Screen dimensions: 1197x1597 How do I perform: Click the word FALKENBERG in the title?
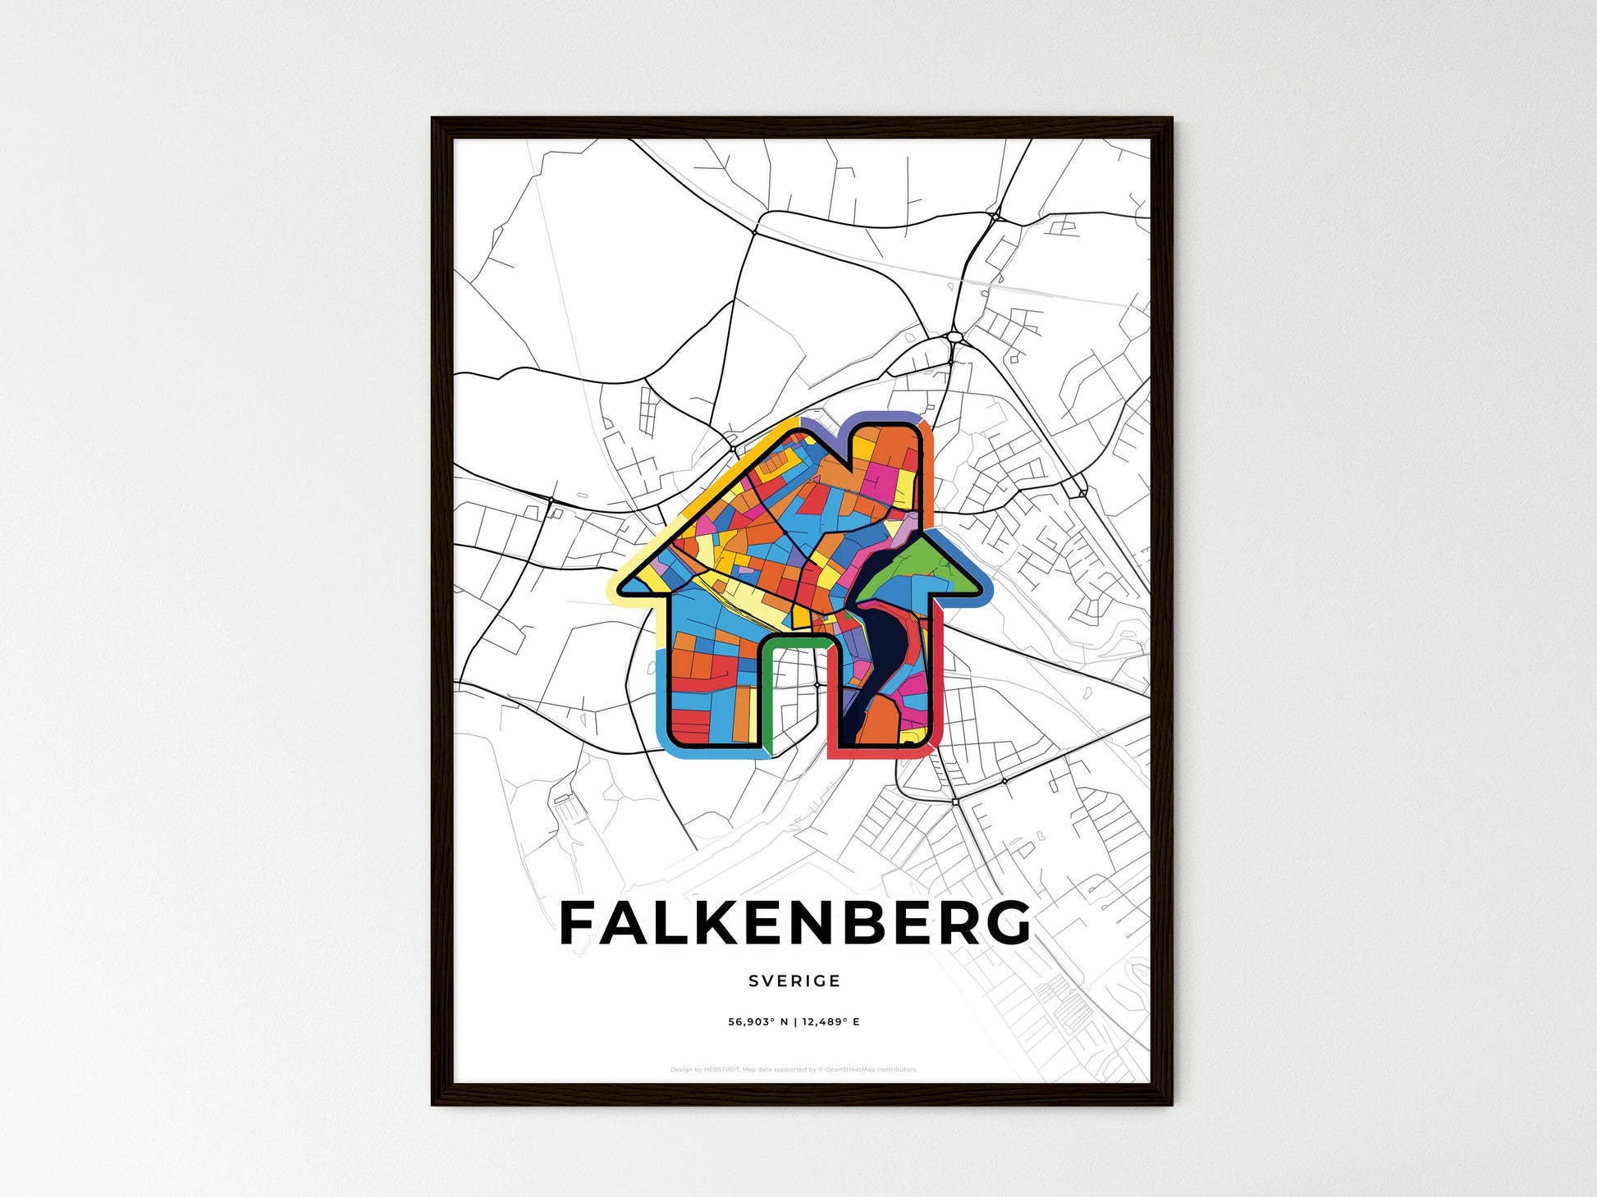[794, 923]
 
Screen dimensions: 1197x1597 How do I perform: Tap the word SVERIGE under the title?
[794, 981]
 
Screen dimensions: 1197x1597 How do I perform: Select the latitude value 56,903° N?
[757, 1022]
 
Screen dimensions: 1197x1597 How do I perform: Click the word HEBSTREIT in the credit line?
[721, 1070]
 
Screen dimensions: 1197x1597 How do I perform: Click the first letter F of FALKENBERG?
[577, 923]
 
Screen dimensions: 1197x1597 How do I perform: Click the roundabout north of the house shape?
[954, 336]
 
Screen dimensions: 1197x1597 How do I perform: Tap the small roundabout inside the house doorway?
[817, 683]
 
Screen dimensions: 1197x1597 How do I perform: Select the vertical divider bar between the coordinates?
[794, 1022]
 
